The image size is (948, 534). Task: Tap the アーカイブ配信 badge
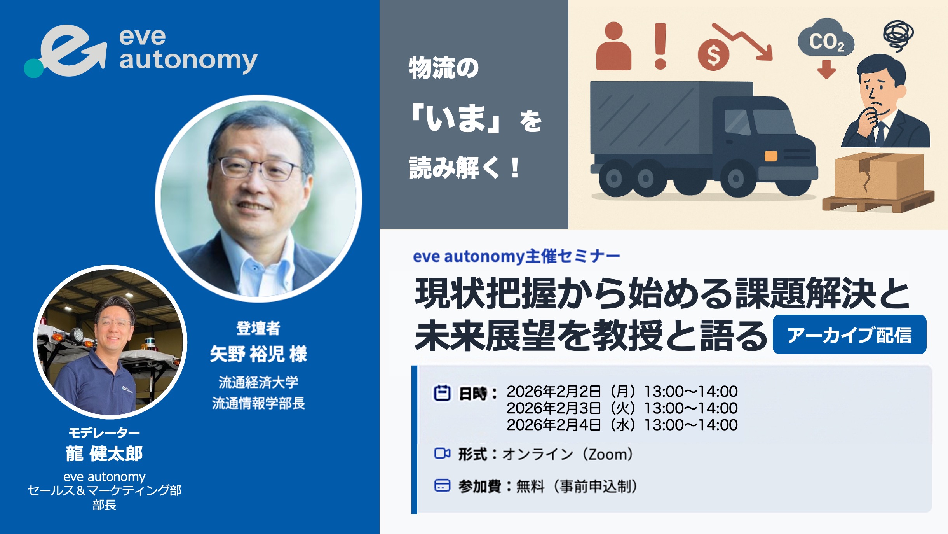point(849,334)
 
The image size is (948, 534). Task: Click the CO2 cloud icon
point(826,37)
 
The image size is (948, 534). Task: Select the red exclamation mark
point(660,46)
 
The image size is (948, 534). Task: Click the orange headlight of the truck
point(771,156)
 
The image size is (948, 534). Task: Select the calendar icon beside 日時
point(442,393)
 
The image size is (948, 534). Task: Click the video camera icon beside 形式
point(442,453)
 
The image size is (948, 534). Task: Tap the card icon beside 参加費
point(442,485)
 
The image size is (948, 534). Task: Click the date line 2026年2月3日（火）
point(571,408)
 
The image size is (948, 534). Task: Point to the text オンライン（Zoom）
point(568,454)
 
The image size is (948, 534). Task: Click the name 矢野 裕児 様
point(258,354)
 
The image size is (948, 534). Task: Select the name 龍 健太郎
point(104,453)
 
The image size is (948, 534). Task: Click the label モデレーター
point(104,432)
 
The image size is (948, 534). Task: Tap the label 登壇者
point(258,328)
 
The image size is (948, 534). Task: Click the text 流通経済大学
point(258,382)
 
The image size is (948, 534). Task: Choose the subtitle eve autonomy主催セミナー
point(516,256)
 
